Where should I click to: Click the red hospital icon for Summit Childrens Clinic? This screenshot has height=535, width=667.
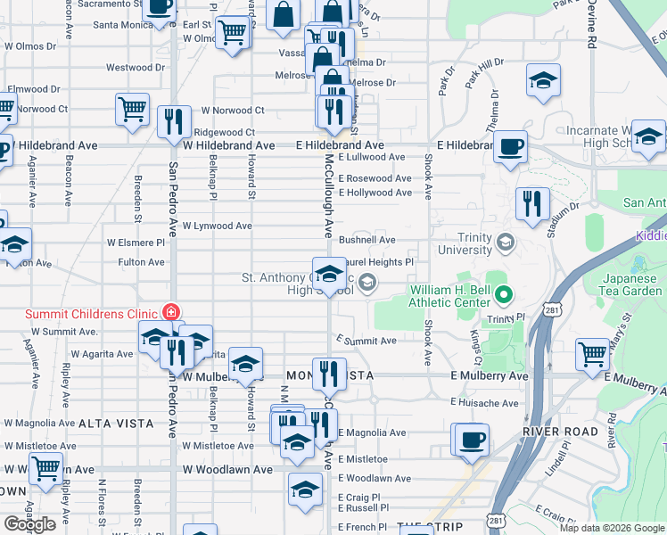point(169,313)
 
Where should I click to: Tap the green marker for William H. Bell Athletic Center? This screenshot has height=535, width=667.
point(504,292)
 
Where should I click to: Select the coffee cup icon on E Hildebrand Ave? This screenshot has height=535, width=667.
point(510,147)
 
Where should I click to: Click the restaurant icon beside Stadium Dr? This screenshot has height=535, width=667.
point(532,203)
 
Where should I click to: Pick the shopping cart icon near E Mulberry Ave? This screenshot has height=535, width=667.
point(592,354)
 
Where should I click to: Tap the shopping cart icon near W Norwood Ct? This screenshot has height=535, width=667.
point(132,110)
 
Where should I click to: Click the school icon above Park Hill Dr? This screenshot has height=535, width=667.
point(543,80)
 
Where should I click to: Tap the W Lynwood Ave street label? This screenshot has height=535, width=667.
point(218,226)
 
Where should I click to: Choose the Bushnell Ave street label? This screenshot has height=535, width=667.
point(366,240)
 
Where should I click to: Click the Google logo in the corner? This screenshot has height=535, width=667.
point(30,524)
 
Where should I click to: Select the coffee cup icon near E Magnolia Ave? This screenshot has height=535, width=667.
point(471,439)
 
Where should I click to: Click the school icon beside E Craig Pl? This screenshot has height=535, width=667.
point(305,489)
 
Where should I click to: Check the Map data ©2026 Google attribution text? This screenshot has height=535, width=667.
point(612,528)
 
